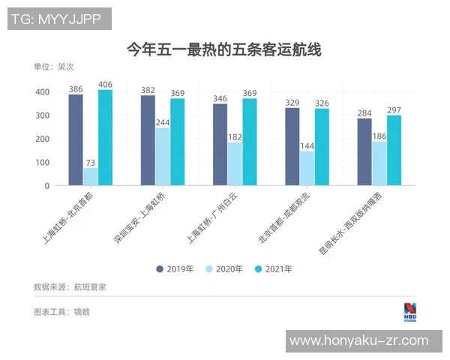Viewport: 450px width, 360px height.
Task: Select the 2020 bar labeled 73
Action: pyautogui.click(x=90, y=176)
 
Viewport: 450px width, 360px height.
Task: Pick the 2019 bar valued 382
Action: pyautogui.click(x=148, y=140)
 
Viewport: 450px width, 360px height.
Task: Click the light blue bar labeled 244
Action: pyautogui.click(x=163, y=156)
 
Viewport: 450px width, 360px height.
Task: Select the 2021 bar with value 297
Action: pyautogui.click(x=394, y=150)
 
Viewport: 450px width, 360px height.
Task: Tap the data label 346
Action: pyautogui.click(x=220, y=98)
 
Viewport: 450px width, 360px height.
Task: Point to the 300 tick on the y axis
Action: pyautogui.click(x=42, y=115)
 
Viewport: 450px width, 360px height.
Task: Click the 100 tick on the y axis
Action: pyautogui.click(x=42, y=162)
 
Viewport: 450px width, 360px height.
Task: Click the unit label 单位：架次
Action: pyautogui.click(x=54, y=67)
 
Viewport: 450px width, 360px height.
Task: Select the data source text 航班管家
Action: pyautogui.click(x=91, y=286)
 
